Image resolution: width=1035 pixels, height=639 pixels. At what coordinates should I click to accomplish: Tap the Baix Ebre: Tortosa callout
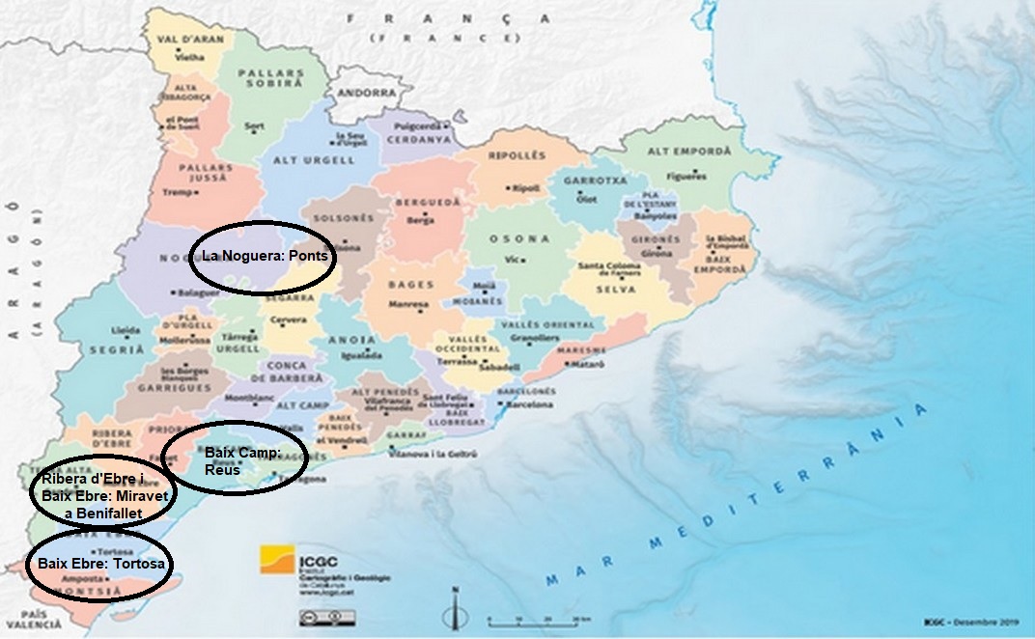(x=99, y=563)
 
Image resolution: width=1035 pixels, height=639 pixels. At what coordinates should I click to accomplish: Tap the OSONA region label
(x=519, y=238)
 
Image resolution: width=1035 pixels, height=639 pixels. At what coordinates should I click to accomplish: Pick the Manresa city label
(x=408, y=305)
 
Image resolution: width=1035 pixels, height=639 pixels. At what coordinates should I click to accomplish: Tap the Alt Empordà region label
(x=688, y=152)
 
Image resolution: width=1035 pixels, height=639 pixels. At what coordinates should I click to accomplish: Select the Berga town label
(x=421, y=220)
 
